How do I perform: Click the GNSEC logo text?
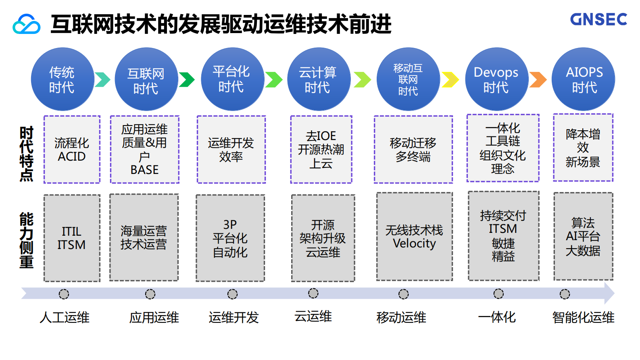(598, 19)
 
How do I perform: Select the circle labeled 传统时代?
(62, 80)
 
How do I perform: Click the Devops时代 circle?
(496, 80)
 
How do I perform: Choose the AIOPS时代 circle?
(584, 80)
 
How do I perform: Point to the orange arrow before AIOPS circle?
(538, 80)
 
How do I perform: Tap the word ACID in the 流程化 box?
(72, 157)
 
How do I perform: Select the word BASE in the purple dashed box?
(144, 170)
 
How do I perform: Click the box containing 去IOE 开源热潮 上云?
(321, 150)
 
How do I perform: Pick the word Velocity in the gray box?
(414, 244)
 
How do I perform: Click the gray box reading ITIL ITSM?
(72, 238)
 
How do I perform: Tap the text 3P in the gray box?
(230, 224)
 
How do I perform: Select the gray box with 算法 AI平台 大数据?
(583, 237)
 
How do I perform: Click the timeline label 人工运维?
(65, 318)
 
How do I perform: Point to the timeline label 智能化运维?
(583, 318)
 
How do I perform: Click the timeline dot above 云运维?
(313, 293)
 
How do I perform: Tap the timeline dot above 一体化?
(498, 293)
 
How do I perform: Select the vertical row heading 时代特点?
(27, 154)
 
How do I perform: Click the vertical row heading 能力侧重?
(27, 240)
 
